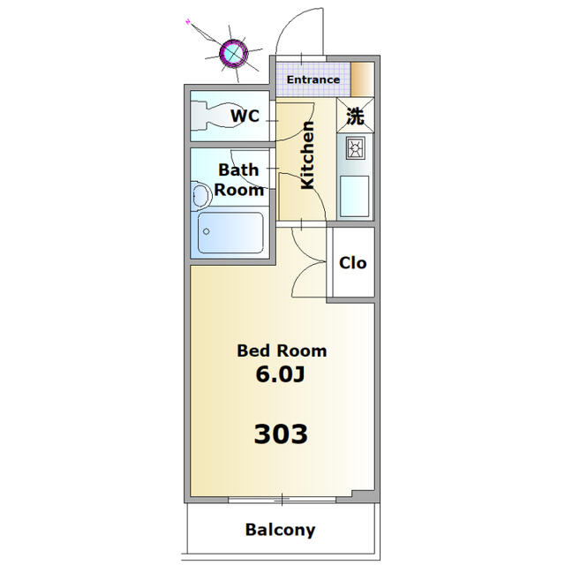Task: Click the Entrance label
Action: click(313, 79)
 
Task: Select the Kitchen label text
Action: click(308, 155)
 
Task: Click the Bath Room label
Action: click(239, 179)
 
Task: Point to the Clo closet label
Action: click(352, 263)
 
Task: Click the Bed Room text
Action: click(282, 350)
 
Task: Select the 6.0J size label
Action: click(280, 374)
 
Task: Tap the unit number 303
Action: click(281, 433)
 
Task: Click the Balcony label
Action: click(280, 530)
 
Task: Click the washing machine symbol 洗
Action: click(355, 116)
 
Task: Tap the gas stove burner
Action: click(355, 149)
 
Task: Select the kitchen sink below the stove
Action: click(355, 195)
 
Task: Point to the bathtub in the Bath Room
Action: click(230, 233)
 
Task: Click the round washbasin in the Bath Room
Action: click(200, 193)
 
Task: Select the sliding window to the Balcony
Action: click(281, 501)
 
